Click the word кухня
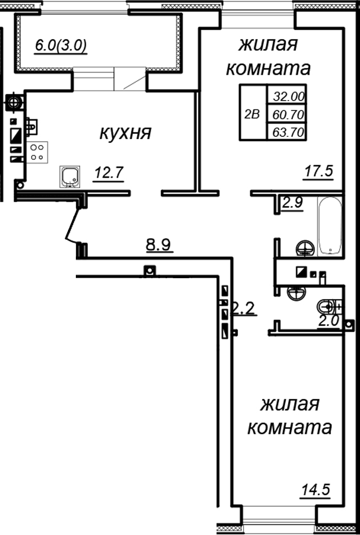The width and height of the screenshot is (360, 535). click(x=125, y=133)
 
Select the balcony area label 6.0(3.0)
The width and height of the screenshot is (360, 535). click(x=61, y=46)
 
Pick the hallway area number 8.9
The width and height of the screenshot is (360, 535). click(x=160, y=244)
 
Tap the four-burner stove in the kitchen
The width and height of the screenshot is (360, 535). click(x=37, y=152)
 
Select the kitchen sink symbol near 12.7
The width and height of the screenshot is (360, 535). click(x=70, y=176)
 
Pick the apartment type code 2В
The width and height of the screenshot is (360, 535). click(x=252, y=114)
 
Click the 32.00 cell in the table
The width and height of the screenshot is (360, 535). click(x=285, y=96)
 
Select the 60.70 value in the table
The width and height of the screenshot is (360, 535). click(x=285, y=114)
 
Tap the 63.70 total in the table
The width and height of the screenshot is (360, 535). click(x=285, y=132)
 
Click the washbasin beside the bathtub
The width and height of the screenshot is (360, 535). click(x=304, y=248)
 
